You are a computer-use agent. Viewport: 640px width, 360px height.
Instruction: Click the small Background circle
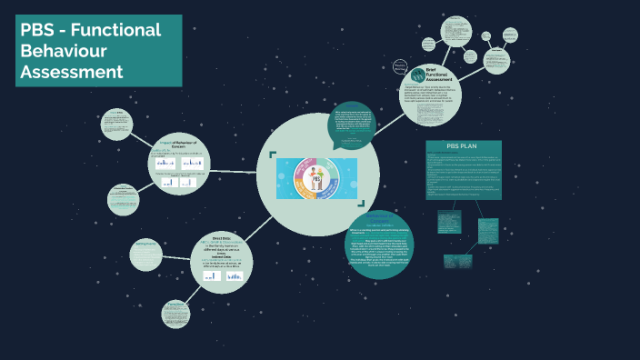click(x=147, y=254)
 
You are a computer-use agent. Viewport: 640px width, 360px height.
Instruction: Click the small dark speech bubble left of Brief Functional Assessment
click(x=400, y=67)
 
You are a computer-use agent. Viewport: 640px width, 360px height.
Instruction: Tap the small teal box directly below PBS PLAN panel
click(x=450, y=224)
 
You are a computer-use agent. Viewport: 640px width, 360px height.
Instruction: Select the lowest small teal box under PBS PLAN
click(x=458, y=260)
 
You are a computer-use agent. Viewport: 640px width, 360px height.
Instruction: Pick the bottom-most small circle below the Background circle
click(x=175, y=315)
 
